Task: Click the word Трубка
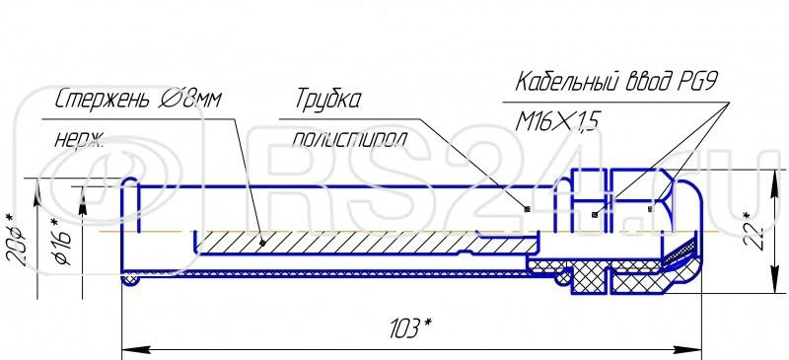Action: point(328,101)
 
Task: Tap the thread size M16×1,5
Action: point(558,122)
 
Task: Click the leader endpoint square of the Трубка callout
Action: point(528,208)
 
